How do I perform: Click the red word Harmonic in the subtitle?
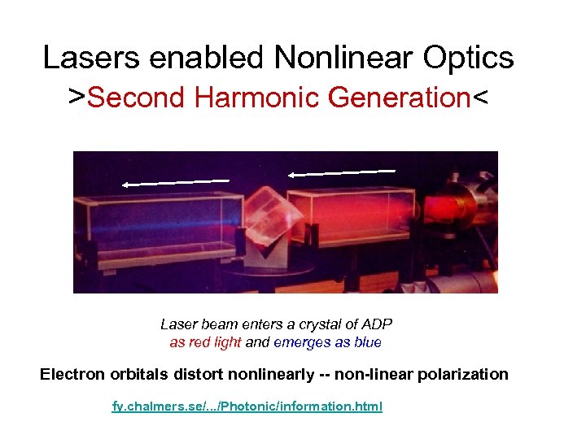pyautogui.click(x=259, y=98)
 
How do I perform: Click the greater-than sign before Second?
pyautogui.click(x=77, y=98)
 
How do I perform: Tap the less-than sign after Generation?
pyautogui.click(x=480, y=98)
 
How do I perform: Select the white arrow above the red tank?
pyautogui.click(x=342, y=172)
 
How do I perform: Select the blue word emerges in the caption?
pyautogui.click(x=301, y=342)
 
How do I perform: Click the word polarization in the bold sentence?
pyautogui.click(x=465, y=375)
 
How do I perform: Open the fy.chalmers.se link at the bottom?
pyautogui.click(x=247, y=406)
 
